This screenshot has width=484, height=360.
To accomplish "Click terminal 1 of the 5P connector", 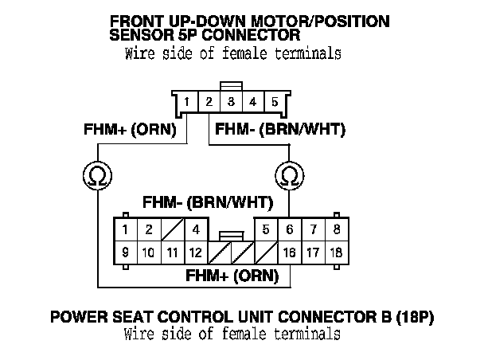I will tap(185, 103).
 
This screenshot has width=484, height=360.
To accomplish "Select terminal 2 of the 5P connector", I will tap(208, 103).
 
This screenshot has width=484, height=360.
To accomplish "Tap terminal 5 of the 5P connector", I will tap(275, 103).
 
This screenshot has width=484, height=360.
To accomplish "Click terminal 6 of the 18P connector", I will tap(291, 229).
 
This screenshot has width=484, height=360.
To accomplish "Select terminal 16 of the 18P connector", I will tap(291, 252).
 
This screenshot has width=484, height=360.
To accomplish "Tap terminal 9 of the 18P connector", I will tap(125, 252).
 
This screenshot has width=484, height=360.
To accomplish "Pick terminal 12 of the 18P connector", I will tap(194, 252).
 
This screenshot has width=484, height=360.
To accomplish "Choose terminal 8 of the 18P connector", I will tap(338, 229).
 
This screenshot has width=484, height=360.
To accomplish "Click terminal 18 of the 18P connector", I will tap(338, 252).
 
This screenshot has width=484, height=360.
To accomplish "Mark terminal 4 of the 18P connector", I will tap(194, 229).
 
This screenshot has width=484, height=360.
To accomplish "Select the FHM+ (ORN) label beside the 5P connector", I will tap(135, 129).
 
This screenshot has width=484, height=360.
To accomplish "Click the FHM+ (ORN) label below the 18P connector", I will tap(232, 276).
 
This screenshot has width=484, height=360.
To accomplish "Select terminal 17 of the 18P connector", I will tap(314, 252).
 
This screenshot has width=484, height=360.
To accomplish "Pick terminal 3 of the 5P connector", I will tap(230, 103).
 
